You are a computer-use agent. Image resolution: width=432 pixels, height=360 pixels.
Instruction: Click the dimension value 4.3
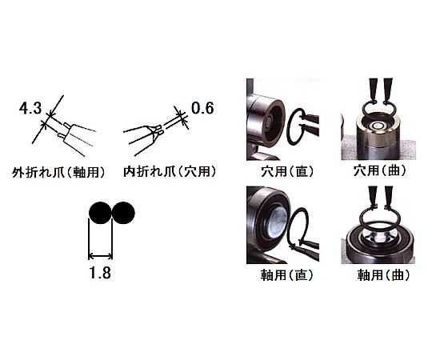point(30,108)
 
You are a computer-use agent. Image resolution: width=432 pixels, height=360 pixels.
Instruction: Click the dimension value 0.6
point(202,108)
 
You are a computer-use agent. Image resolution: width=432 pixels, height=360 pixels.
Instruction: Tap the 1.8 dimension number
point(100,273)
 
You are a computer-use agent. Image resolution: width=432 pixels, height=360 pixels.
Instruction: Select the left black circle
point(101,213)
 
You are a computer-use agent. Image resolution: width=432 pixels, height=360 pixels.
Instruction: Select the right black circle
point(123,213)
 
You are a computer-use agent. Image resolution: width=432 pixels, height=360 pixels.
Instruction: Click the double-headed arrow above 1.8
point(100,257)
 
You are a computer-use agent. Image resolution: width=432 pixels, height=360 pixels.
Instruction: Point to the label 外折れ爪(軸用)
point(58,173)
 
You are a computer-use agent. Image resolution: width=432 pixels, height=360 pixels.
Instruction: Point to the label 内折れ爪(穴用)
point(170,172)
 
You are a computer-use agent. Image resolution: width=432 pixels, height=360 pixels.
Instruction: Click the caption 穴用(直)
point(287,171)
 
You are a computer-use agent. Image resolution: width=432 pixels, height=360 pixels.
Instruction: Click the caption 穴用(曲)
point(380,170)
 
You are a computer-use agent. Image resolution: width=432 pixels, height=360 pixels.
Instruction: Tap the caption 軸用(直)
point(287,274)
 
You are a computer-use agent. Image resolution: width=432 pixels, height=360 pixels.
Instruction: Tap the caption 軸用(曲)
point(383,274)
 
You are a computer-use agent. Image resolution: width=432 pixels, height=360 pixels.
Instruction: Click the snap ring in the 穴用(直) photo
point(288,126)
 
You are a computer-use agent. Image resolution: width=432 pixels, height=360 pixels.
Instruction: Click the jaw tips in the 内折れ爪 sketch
point(158,130)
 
